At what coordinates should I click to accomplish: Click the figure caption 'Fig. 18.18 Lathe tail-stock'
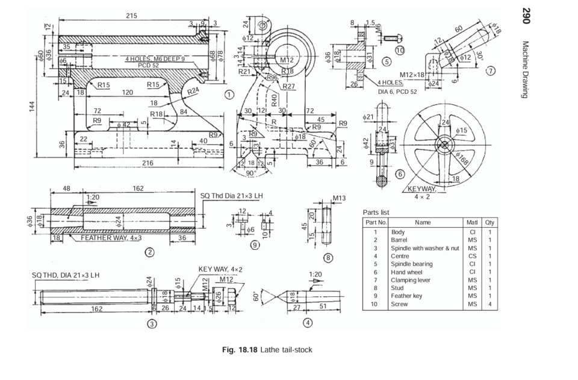coord(267,350)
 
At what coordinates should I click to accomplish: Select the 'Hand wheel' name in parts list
coord(406,272)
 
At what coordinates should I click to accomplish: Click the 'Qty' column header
coord(489,222)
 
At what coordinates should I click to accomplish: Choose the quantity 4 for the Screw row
coord(489,304)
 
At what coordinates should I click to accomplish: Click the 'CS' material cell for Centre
coord(472,256)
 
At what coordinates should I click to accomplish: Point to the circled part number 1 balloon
coord(229,94)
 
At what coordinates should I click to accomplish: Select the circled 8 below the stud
coord(328,257)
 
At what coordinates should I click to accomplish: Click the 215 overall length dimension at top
coord(131,15)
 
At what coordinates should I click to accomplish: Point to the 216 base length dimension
coord(147,163)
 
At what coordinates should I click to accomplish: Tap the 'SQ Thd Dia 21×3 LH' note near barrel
coord(232,196)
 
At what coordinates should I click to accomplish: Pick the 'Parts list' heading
coord(376,213)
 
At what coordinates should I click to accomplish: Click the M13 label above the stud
coord(339,198)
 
